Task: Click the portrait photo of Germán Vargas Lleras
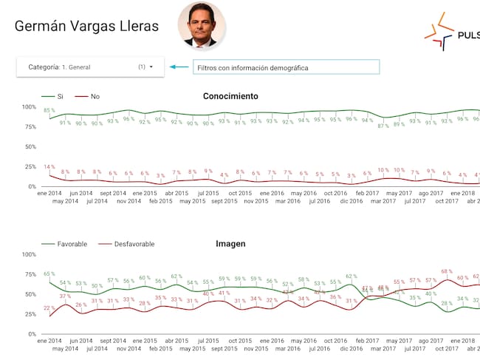pyautogui.click(x=202, y=25)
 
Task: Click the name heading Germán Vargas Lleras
pyautogui.click(x=87, y=27)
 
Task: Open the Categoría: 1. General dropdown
pyautogui.click(x=91, y=67)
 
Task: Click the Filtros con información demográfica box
pyautogui.click(x=286, y=67)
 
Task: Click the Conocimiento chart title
pyautogui.click(x=230, y=96)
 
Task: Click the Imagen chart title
pyautogui.click(x=230, y=243)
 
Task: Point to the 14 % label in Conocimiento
pyautogui.click(x=49, y=167)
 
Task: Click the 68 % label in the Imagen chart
pyautogui.click(x=446, y=271)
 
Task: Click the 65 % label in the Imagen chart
pyautogui.click(x=49, y=274)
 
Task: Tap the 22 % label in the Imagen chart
pyautogui.click(x=49, y=308)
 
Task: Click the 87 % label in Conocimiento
pyautogui.click(x=383, y=126)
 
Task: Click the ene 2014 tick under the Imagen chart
pyautogui.click(x=49, y=340)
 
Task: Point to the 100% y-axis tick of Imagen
pyautogui.click(x=29, y=254)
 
